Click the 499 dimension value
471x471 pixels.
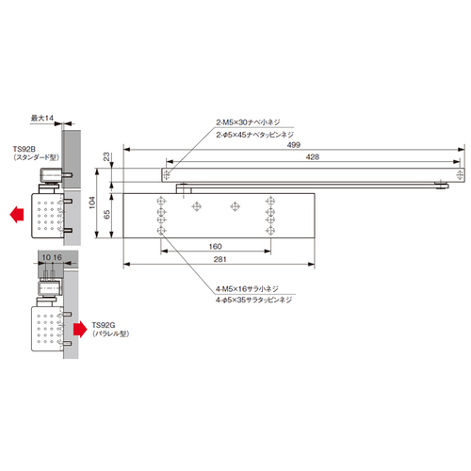point(294,145)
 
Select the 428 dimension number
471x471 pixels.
point(313,156)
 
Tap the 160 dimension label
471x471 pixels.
point(216,247)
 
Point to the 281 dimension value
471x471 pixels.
point(219,259)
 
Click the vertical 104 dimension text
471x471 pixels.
point(91,203)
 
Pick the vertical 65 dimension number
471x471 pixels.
point(106,215)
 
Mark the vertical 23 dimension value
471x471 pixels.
point(106,156)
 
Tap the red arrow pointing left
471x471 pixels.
point(17,215)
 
